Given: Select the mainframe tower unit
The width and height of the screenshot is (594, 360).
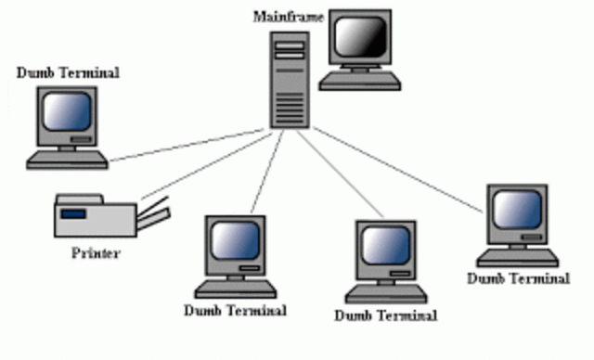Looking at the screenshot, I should pyautogui.click(x=290, y=80).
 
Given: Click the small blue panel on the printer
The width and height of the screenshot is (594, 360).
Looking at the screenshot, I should pyautogui.click(x=73, y=214).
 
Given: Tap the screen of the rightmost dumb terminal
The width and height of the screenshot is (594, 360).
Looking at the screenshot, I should pyautogui.click(x=515, y=211).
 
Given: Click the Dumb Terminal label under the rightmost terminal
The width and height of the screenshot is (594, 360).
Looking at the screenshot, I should pyautogui.click(x=518, y=277).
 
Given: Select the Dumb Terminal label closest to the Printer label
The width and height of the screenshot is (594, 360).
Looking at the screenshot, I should pyautogui.click(x=235, y=309).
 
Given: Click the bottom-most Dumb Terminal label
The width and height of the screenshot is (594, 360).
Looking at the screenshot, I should pyautogui.click(x=384, y=315).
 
